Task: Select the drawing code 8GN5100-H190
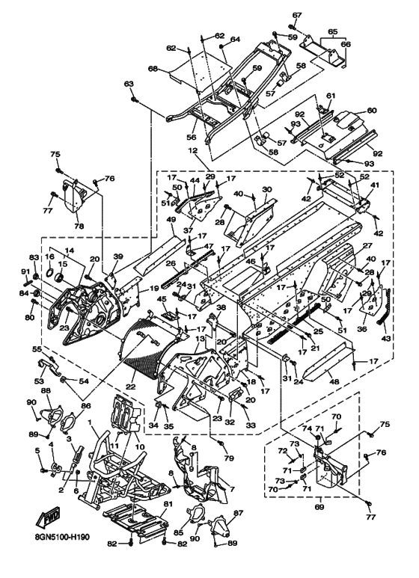coord(59,537)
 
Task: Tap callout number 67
coord(297,15)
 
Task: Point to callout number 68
coord(153,69)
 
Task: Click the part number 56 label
coord(191,138)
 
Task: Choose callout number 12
coord(194,151)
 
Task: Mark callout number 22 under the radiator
coord(131,387)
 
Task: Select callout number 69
coord(319,508)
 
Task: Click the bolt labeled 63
coord(133,99)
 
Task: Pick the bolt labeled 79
coord(221,443)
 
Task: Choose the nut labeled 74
coord(316,437)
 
